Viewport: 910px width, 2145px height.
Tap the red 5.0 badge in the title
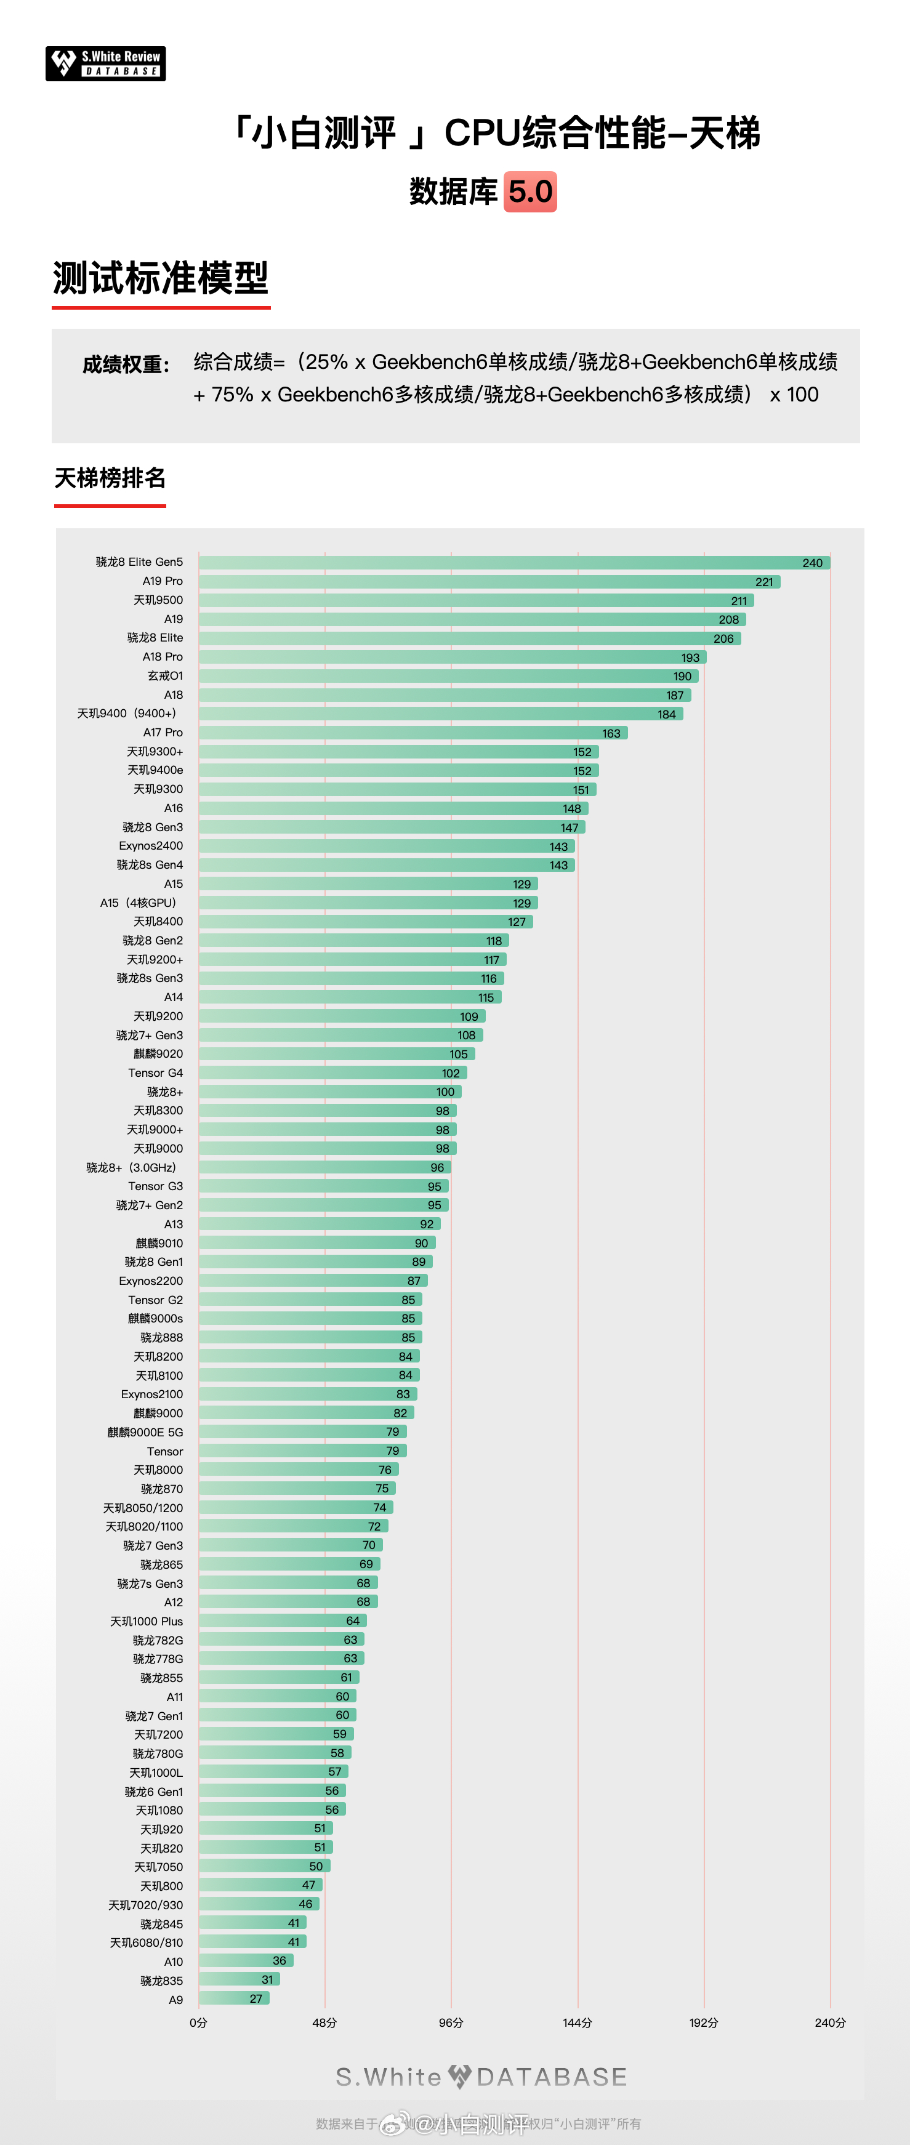click(x=529, y=191)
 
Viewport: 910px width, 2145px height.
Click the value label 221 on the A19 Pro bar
click(x=763, y=582)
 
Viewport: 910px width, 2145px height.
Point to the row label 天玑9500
click(x=158, y=600)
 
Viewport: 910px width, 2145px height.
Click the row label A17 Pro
click(x=163, y=733)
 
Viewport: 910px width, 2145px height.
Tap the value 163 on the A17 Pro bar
click(x=611, y=734)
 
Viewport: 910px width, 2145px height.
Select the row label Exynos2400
click(x=151, y=846)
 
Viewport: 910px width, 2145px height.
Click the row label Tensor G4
click(x=156, y=1073)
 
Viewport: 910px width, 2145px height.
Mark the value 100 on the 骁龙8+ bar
click(x=445, y=1092)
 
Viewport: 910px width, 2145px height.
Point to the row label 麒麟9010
click(x=159, y=1243)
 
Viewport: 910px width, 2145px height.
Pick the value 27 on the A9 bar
click(x=256, y=1999)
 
